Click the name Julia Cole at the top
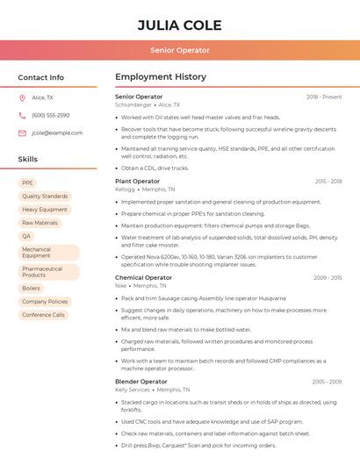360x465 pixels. [179, 25]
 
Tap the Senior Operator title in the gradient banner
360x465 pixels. [179, 51]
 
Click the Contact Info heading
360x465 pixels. [41, 77]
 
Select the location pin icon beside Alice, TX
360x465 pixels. [22, 97]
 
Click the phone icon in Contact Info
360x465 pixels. [22, 115]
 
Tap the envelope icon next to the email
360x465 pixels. [22, 132]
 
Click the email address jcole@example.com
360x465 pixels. [57, 132]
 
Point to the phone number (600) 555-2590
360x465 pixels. [50, 115]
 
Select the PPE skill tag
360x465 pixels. [27, 182]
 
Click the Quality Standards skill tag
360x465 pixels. [45, 196]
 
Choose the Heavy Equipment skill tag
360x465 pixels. [45, 210]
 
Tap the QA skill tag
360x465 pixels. [26, 236]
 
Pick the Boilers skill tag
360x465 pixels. [32, 288]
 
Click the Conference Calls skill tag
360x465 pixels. [43, 314]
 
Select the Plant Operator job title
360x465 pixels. [138, 181]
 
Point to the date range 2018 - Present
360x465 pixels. [324, 97]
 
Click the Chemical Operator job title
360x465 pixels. [143, 277]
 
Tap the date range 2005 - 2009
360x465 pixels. [327, 277]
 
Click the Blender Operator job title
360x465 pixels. [140, 382]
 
